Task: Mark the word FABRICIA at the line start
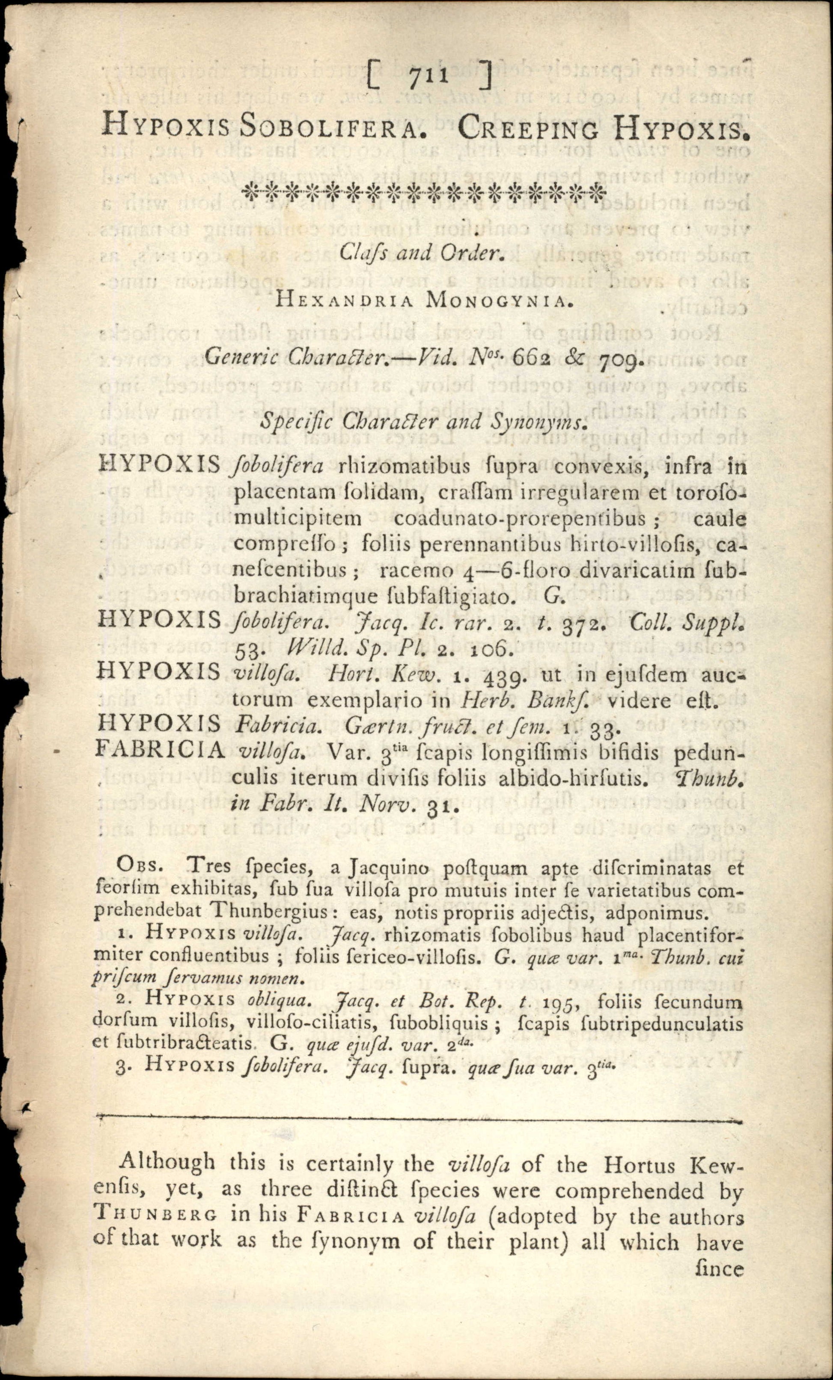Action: [x=161, y=749]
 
